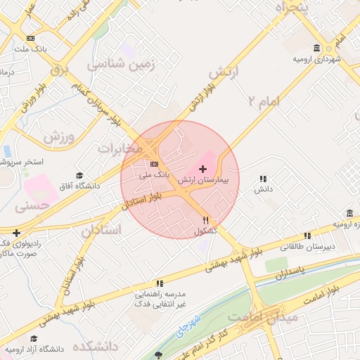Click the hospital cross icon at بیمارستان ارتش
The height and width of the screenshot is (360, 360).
[203, 169]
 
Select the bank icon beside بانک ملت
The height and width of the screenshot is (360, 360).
[30, 38]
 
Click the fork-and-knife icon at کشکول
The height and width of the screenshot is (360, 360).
[205, 219]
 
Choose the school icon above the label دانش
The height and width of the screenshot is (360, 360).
[263, 179]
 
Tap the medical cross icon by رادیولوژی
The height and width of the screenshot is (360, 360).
[16, 232]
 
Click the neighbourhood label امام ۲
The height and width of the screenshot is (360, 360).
[263, 101]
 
